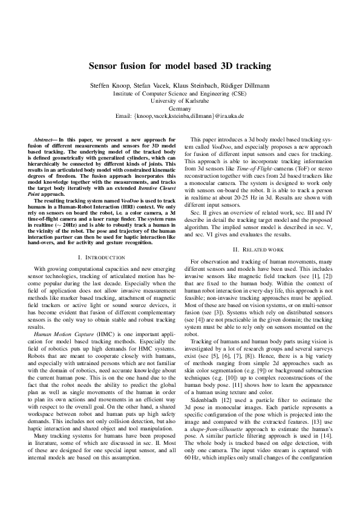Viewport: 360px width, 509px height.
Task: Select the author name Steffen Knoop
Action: click(110, 85)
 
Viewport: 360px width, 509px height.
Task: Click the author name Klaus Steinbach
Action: click(193, 85)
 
